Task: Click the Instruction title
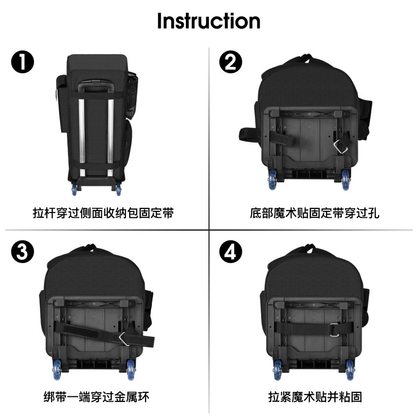click(x=209, y=21)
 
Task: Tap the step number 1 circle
click(x=23, y=62)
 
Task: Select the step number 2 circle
click(x=231, y=62)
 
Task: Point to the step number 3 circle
click(x=23, y=252)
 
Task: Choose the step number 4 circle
click(x=231, y=252)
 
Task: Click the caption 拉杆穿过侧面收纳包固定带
click(x=103, y=213)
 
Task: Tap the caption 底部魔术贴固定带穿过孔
click(x=315, y=213)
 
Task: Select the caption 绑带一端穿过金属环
click(x=96, y=397)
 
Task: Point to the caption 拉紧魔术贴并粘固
click(x=315, y=397)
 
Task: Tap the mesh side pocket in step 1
click(x=131, y=95)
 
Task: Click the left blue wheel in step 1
click(x=74, y=189)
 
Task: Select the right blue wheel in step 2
click(x=346, y=179)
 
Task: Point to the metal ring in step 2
click(x=340, y=147)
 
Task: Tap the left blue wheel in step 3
click(x=57, y=369)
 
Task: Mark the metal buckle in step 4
click(x=334, y=330)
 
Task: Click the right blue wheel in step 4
click(x=350, y=370)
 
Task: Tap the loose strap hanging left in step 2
click(x=249, y=135)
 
